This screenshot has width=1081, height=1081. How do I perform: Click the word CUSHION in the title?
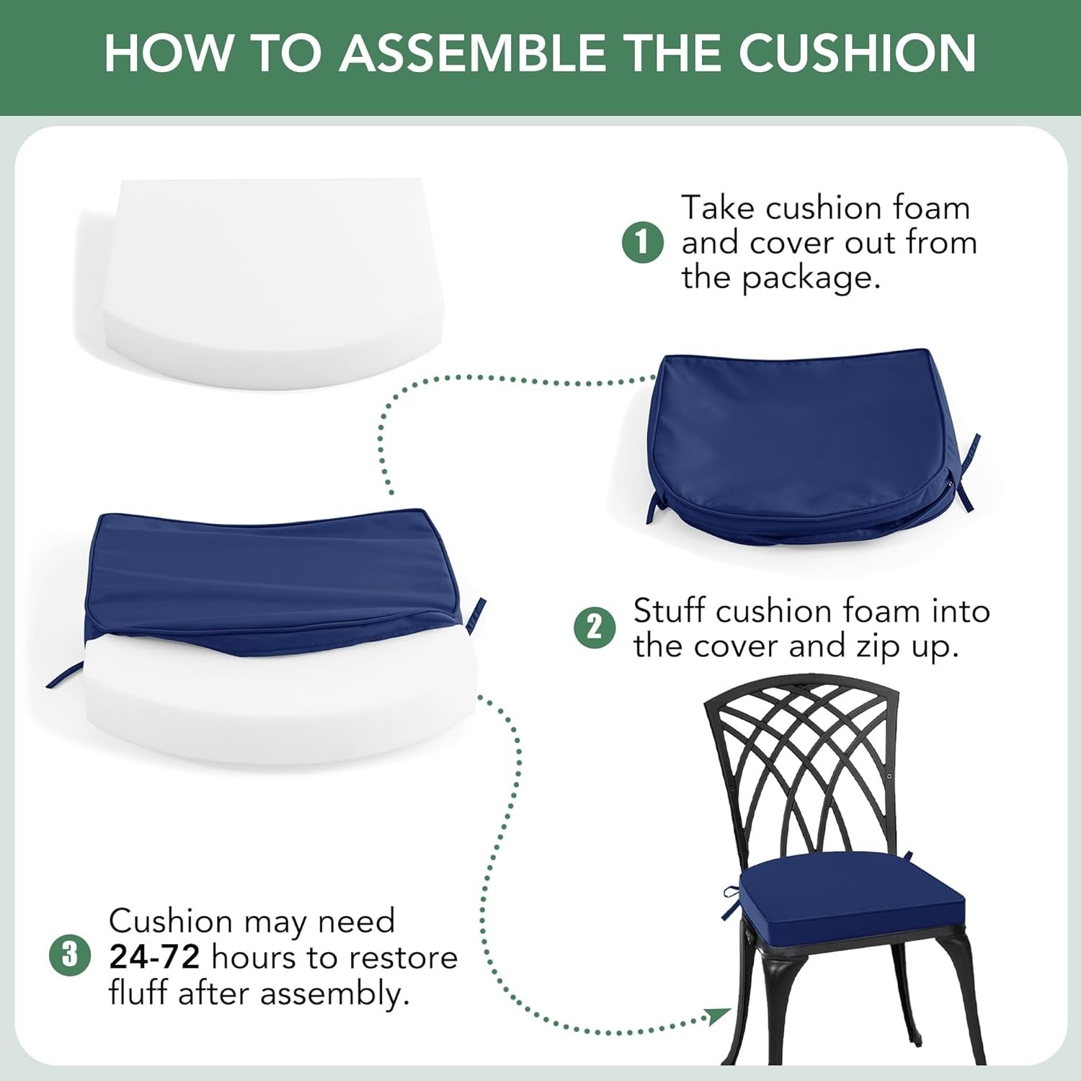[x=857, y=53]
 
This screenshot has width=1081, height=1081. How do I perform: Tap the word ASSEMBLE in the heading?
[x=473, y=53]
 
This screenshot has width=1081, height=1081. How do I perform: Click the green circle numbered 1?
[x=642, y=242]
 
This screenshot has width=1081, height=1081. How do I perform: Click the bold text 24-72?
[x=154, y=957]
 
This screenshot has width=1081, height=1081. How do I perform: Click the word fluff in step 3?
[x=139, y=993]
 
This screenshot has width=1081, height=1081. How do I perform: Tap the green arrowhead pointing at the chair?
[x=719, y=1017]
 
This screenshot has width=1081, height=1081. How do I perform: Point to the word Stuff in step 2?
[x=668, y=611]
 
